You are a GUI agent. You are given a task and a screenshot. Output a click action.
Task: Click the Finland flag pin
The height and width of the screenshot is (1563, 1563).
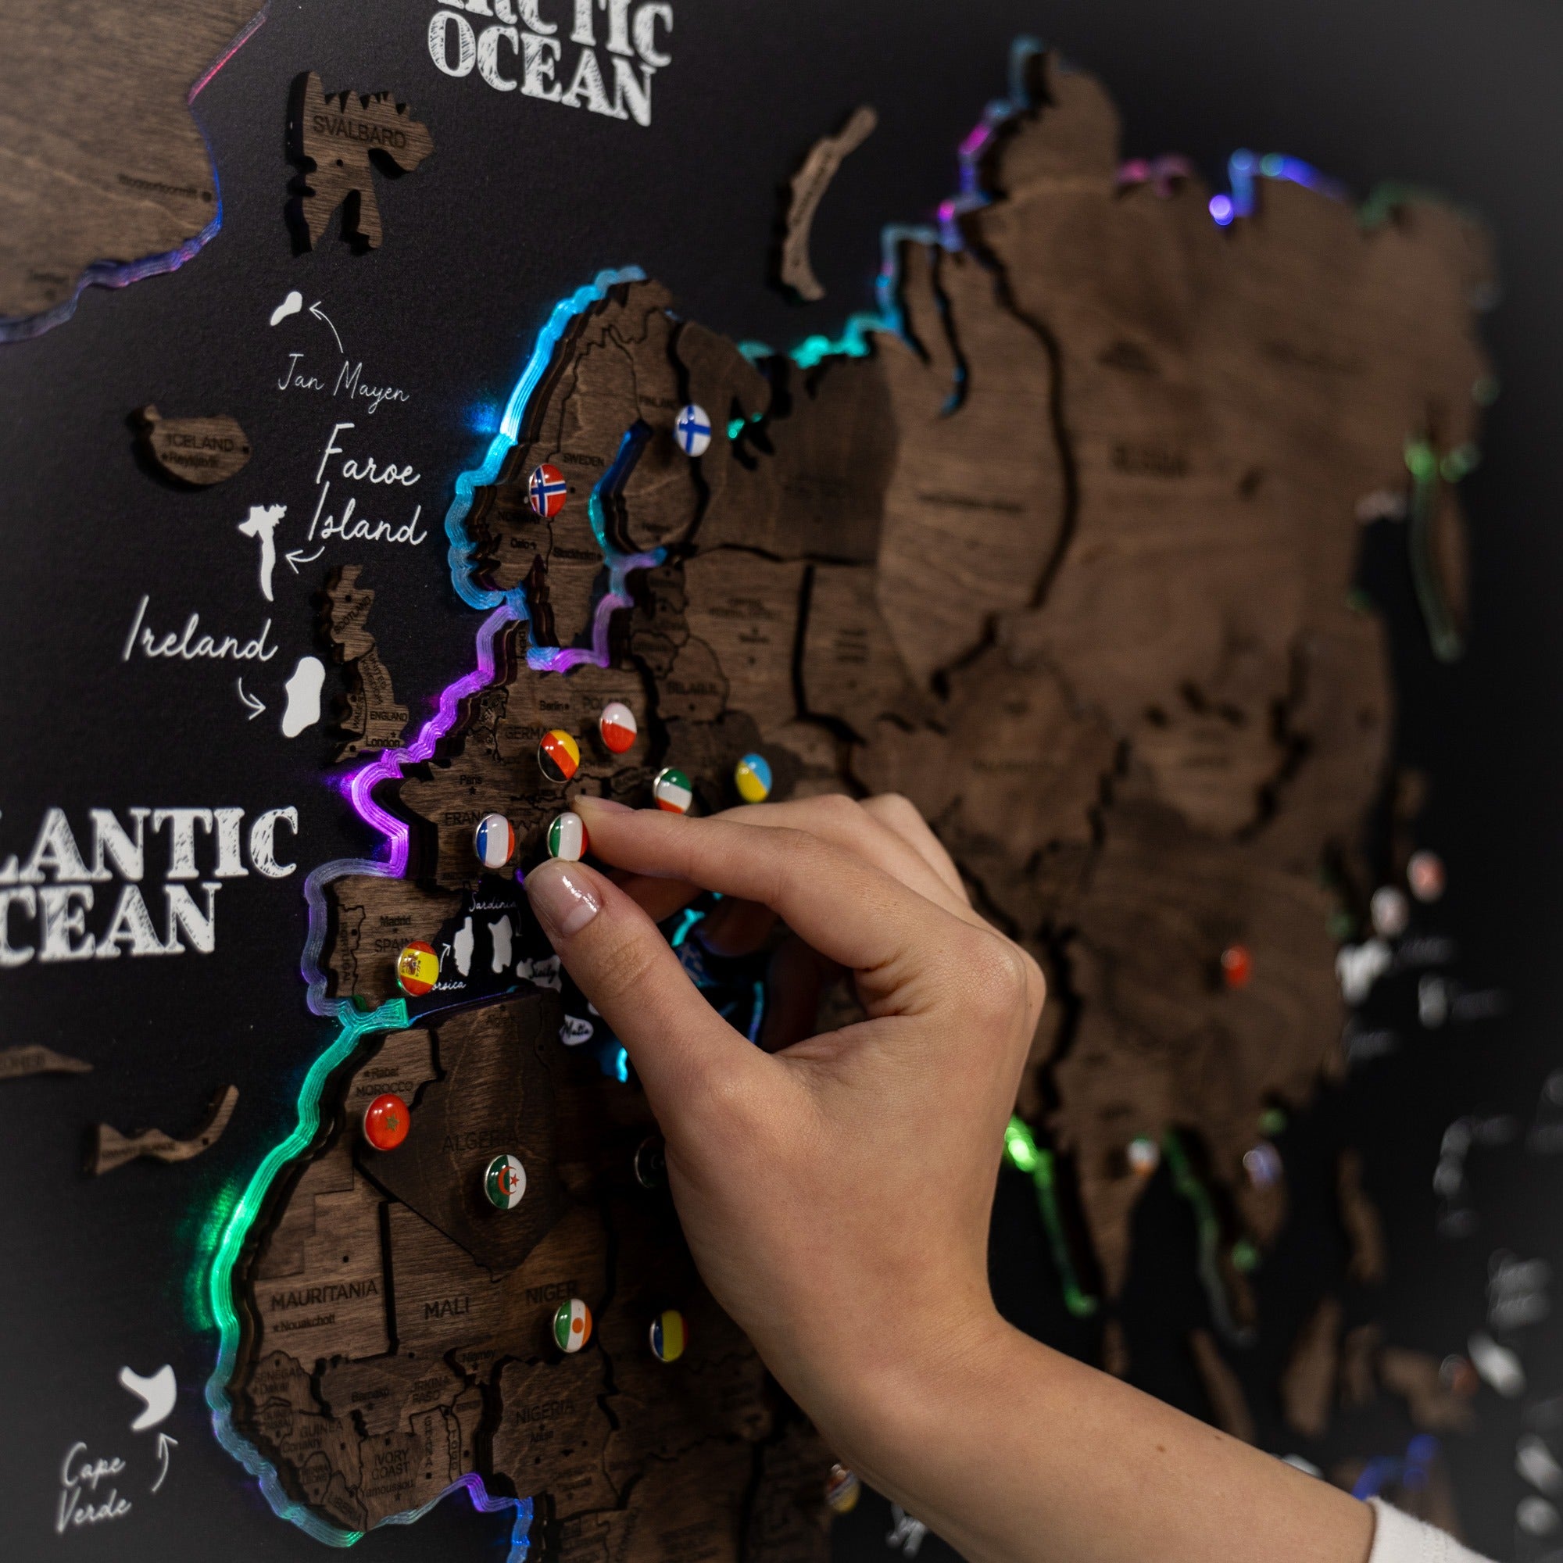pyautogui.click(x=692, y=430)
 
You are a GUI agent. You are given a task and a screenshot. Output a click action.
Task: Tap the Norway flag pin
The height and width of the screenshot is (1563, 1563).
pyautogui.click(x=547, y=490)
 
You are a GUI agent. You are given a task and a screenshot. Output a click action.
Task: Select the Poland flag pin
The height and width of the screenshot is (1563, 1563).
pyautogui.click(x=618, y=727)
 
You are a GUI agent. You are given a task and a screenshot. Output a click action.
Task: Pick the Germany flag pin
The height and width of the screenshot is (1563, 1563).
pyautogui.click(x=559, y=755)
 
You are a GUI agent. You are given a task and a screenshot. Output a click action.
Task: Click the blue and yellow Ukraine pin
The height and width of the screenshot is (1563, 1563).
pyautogui.click(x=753, y=777)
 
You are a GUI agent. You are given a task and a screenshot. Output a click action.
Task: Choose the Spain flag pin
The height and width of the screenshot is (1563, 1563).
pyautogui.click(x=417, y=968)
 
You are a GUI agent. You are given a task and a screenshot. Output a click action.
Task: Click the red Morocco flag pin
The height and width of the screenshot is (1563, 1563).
pyautogui.click(x=387, y=1121)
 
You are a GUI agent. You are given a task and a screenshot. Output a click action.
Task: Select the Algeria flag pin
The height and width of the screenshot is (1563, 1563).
pyautogui.click(x=506, y=1182)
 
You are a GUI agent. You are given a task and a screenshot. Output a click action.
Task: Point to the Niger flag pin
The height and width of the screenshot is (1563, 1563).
pyautogui.click(x=573, y=1325)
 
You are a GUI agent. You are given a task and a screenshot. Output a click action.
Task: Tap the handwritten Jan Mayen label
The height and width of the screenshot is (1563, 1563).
pyautogui.click(x=342, y=381)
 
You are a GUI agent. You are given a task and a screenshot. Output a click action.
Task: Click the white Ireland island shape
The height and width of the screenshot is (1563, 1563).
pyautogui.click(x=303, y=696)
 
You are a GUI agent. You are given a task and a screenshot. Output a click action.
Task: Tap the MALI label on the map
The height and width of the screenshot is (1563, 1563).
pyautogui.click(x=446, y=1307)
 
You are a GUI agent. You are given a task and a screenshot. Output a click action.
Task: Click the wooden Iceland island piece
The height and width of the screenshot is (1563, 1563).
pyautogui.click(x=194, y=446)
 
